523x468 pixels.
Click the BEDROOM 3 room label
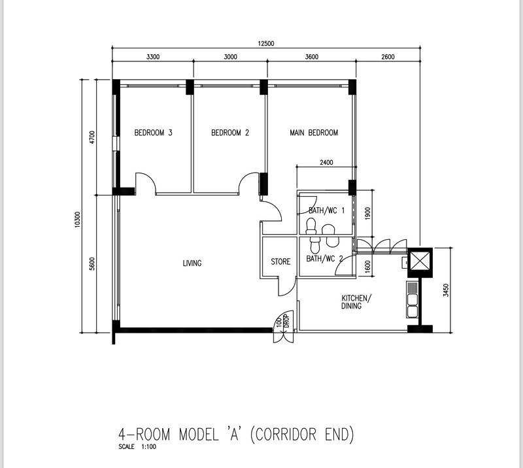coord(153,133)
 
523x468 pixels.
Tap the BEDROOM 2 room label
coord(230,133)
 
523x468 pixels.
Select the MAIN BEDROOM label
coord(314,133)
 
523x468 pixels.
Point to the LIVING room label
coord(192,263)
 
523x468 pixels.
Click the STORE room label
coord(280,262)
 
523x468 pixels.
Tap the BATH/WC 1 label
coord(326,210)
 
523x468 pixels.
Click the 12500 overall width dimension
coord(266,43)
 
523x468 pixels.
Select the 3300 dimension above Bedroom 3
coord(153,57)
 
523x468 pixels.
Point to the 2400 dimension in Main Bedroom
coord(326,163)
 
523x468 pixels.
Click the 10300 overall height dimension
coord(77,220)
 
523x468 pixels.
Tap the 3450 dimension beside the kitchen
coord(446,290)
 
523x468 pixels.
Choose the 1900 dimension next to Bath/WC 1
coord(367,214)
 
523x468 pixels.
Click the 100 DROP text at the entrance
coord(282,322)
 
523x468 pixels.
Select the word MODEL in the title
coord(199,435)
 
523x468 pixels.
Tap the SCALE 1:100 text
coord(137,446)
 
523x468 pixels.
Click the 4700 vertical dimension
coord(92,137)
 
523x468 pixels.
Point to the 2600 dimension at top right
coord(388,57)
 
